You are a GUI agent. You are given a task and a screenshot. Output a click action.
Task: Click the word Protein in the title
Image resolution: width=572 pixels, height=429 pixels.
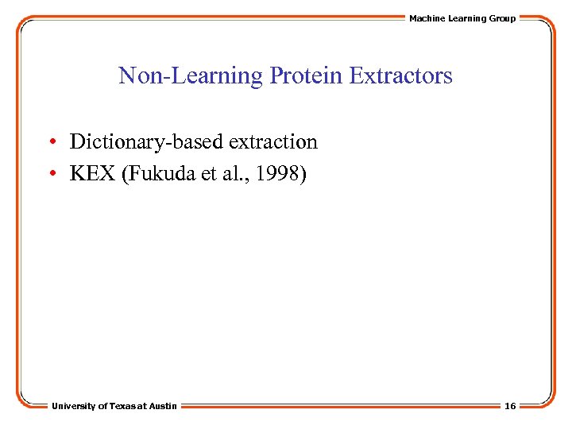(306, 76)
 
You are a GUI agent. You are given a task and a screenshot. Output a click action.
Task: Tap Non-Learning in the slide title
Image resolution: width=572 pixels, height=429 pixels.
(191, 76)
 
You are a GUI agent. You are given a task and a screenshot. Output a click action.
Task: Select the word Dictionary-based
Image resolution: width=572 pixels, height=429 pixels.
(146, 142)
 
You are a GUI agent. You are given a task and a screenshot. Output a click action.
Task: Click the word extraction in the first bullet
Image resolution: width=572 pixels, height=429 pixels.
(272, 142)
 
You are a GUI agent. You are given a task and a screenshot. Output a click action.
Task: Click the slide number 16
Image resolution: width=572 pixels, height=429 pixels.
(509, 406)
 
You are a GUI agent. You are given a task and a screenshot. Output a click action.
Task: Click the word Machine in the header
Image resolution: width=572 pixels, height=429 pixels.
(427, 18)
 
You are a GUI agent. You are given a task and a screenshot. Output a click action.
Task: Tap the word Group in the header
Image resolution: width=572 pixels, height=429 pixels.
(502, 18)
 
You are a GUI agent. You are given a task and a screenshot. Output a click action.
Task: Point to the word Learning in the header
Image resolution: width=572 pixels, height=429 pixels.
(466, 18)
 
